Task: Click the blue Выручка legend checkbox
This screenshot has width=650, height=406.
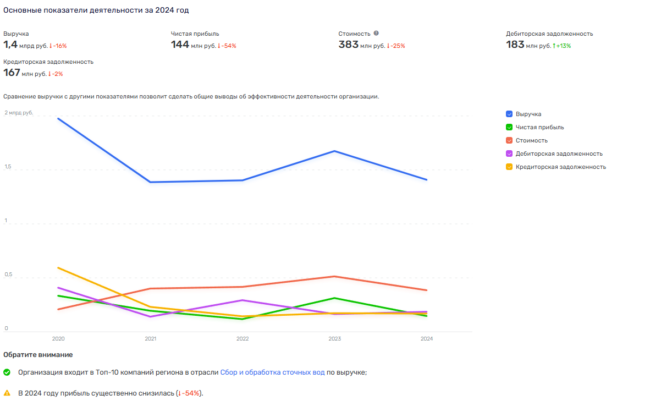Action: point(509,114)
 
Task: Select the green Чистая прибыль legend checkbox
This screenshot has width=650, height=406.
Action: point(509,127)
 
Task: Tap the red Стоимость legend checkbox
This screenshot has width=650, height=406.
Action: point(509,140)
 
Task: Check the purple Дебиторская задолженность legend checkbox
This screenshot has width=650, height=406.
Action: point(509,153)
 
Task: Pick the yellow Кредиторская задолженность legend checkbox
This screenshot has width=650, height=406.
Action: point(509,167)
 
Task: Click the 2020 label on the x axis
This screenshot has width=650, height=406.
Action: point(58,339)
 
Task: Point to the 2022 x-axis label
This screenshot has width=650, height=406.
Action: point(243,339)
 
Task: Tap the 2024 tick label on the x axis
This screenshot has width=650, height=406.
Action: point(427,339)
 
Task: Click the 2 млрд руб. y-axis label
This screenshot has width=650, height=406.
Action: point(19,113)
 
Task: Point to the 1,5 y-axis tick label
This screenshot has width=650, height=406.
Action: point(7,167)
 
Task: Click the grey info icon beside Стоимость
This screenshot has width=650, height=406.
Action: point(376,33)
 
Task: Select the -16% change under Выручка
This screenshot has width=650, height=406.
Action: point(59,46)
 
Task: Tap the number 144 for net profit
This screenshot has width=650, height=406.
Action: point(180,45)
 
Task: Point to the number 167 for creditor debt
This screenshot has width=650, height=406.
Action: point(12,73)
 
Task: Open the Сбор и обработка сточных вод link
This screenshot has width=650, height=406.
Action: point(272,372)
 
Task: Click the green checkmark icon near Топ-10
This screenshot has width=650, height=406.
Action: point(7,372)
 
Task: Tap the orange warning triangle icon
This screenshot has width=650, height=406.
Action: point(7,393)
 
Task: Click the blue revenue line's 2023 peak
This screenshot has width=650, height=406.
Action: point(334,151)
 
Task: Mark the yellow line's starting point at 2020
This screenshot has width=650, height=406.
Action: point(58,268)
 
